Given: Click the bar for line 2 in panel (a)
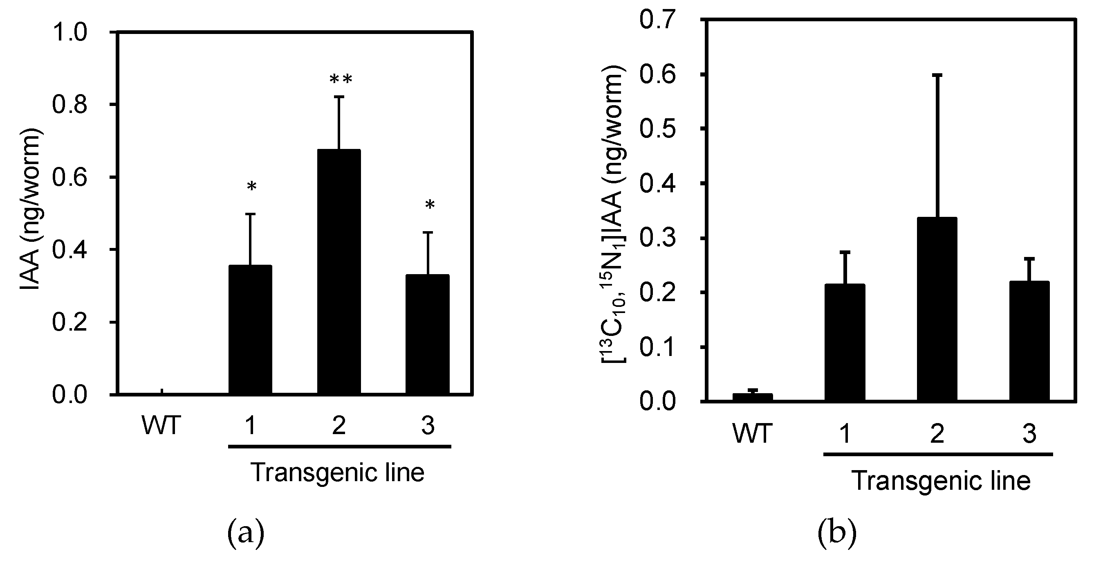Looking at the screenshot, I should tap(339, 272).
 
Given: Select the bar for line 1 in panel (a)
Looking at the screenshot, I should tap(250, 330).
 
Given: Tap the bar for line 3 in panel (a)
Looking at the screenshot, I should tap(427, 334).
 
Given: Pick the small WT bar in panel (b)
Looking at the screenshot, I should tap(753, 397).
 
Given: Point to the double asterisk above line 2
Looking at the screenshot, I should tap(341, 79).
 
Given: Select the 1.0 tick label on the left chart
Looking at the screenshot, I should tap(69, 32).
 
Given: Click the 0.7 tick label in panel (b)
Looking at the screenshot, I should tap(657, 20).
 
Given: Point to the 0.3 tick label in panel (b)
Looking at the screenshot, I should tap(657, 238).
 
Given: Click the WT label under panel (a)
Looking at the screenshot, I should tap(161, 426).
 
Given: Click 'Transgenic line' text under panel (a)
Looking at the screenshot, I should tap(338, 473).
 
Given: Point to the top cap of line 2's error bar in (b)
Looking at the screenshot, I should tap(937, 75).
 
